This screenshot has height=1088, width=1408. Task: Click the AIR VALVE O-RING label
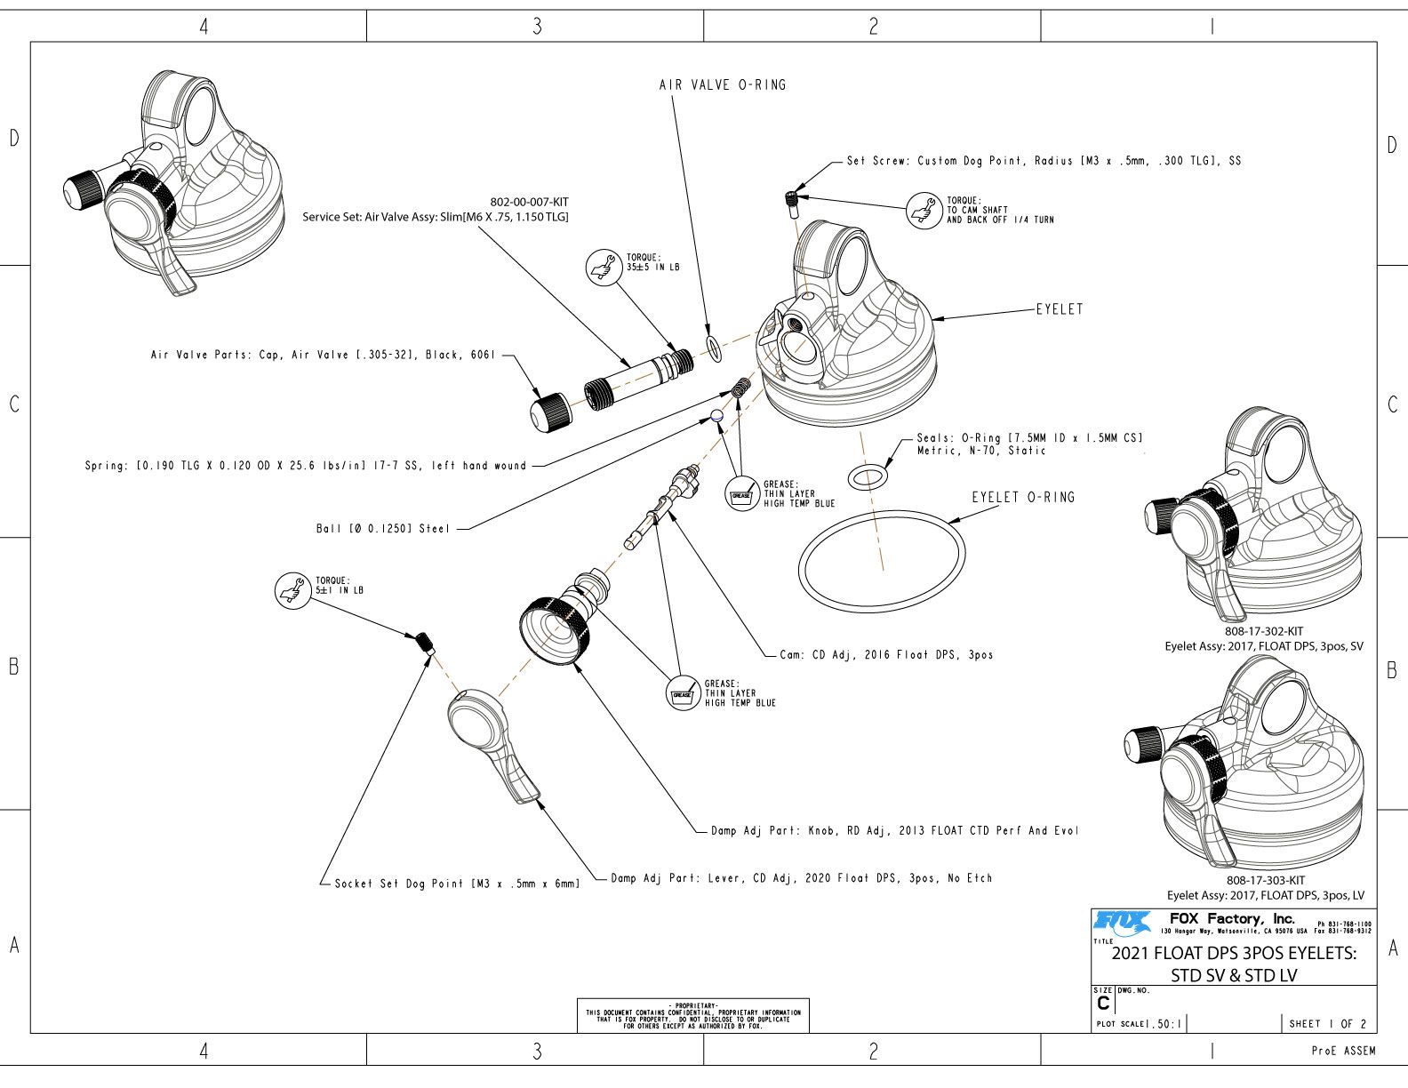pos(722,85)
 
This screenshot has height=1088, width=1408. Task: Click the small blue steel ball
pos(717,415)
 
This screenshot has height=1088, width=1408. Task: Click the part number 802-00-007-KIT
pos(529,202)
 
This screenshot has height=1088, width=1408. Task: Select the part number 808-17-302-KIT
pos(1264,632)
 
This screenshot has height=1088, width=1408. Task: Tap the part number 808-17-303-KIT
pos(1265,881)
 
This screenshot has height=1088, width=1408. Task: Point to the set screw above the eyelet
pos(792,202)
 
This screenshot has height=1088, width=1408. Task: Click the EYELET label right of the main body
pos(1060,310)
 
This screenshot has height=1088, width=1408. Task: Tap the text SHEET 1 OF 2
pos(1328,1023)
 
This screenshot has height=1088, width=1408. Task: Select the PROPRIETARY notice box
pos(693,1013)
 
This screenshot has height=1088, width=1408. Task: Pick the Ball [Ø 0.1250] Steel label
pos(383,529)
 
